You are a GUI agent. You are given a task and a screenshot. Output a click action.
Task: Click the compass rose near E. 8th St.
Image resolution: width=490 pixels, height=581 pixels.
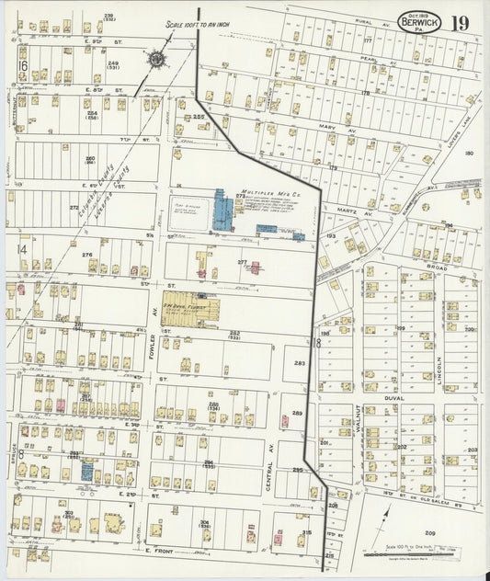(x=157, y=61)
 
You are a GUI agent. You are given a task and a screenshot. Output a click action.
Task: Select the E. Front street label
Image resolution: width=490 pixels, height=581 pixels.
(x=159, y=551)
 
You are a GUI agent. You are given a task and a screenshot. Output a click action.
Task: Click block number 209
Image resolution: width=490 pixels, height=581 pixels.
(x=429, y=533)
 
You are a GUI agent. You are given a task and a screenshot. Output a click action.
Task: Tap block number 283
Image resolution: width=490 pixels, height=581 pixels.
(x=299, y=363)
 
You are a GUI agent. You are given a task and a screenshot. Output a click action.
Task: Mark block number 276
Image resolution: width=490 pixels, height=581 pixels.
(x=87, y=255)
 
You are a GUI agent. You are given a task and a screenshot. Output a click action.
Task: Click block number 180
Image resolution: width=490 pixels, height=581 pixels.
(x=469, y=154)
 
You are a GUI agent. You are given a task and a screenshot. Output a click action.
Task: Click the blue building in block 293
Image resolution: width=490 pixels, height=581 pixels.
(x=87, y=471)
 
